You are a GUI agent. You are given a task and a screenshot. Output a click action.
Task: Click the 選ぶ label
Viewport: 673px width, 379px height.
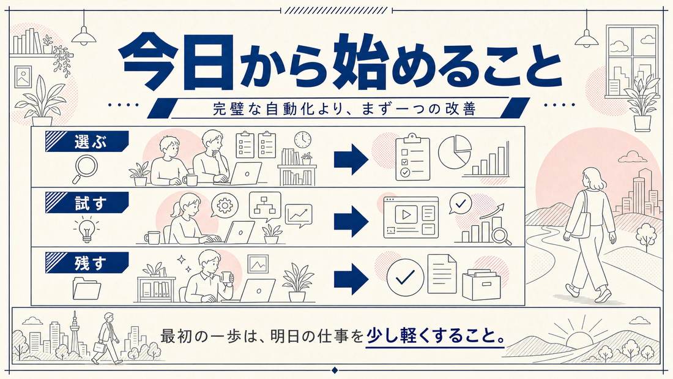point(90,141)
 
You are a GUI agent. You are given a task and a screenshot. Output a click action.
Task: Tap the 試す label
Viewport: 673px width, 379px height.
point(90,203)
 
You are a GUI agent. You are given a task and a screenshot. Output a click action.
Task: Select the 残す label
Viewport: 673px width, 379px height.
point(90,263)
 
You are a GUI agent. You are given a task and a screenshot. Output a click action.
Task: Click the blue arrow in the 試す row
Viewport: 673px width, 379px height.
point(351,221)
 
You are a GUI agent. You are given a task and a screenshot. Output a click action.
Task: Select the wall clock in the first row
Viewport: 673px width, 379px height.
point(303,140)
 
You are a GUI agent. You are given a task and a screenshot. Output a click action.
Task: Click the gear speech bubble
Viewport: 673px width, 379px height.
point(224,205)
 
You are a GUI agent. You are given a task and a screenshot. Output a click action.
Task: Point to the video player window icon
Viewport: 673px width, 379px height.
point(411,217)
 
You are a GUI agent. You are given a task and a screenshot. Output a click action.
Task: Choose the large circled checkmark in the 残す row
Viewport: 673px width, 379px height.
point(405,277)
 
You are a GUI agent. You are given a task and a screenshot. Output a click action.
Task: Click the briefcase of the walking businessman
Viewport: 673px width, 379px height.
point(99,347)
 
